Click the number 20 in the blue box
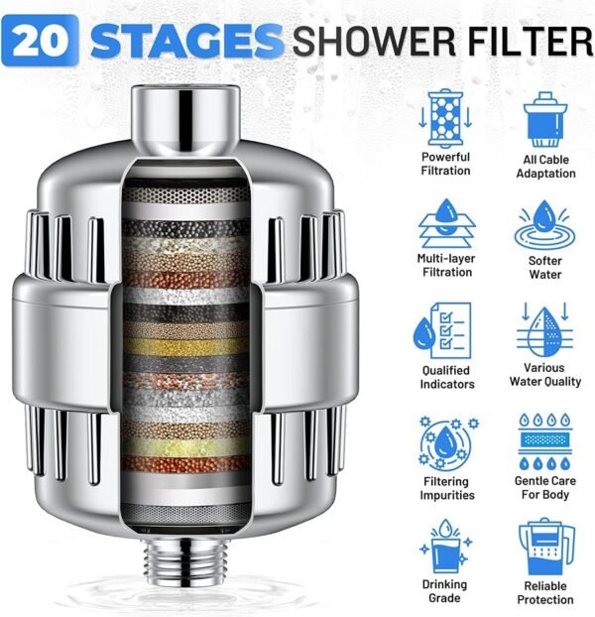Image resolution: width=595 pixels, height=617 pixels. pyautogui.click(x=40, y=40)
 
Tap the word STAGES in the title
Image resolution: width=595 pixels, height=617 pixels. pyautogui.click(x=186, y=41)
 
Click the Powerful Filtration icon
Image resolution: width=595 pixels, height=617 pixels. pyautogui.click(x=445, y=118)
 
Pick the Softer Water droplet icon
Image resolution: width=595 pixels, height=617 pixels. pyautogui.click(x=545, y=225)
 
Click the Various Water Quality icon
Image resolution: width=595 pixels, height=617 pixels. pyautogui.click(x=544, y=329)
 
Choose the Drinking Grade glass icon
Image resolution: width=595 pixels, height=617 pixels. pyautogui.click(x=445, y=547)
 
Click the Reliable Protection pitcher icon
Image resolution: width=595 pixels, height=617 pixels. pyautogui.click(x=546, y=548)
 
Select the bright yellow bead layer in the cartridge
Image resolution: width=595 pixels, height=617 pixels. pyautogui.click(x=184, y=346)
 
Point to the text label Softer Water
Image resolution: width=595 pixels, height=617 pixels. pyautogui.click(x=544, y=268)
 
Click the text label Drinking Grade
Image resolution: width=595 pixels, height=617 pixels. pyautogui.click(x=445, y=591)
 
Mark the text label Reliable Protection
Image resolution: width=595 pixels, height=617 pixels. pyautogui.click(x=545, y=593)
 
